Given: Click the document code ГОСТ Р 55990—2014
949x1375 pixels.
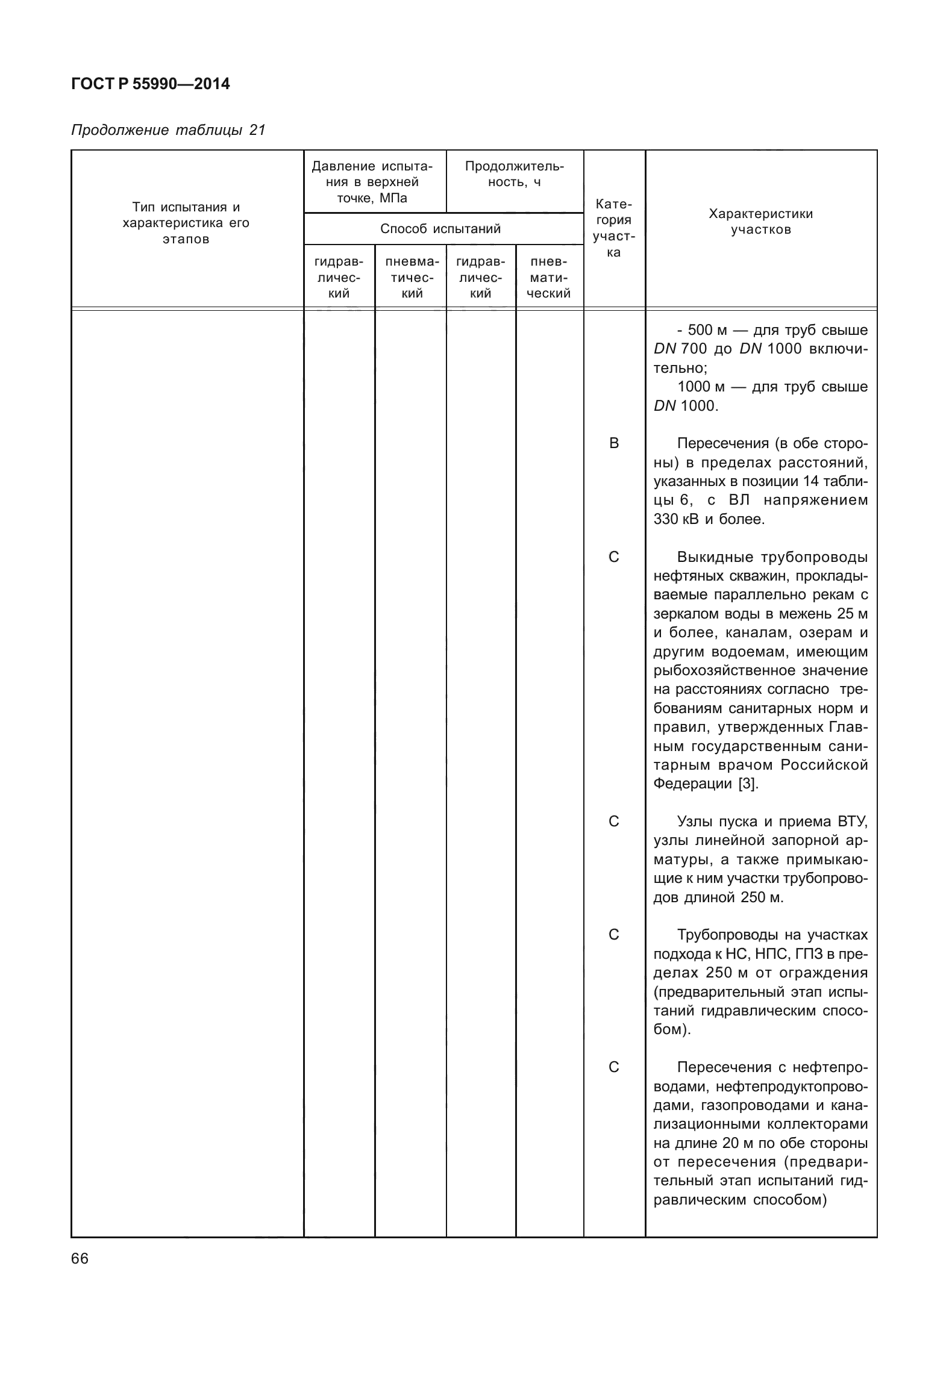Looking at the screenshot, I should [150, 84].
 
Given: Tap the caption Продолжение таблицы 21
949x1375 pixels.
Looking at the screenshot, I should [168, 130].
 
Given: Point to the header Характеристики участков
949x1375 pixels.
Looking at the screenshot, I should [760, 221].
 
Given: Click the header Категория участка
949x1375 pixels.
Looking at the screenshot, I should [613, 228].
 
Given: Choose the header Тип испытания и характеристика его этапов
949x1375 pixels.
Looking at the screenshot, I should [186, 223].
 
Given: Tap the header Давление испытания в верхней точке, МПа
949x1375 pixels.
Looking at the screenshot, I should [375, 182].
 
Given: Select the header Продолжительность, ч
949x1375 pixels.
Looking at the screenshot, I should [514, 174].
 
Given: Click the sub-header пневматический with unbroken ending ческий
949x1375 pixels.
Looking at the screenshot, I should [549, 278].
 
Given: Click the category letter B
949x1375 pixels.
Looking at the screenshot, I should [613, 443].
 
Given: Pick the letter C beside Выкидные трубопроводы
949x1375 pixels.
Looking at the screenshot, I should [613, 557].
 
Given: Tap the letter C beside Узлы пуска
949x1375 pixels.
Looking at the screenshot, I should [613, 822].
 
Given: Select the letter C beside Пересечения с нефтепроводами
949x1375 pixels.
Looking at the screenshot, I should [613, 1067].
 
